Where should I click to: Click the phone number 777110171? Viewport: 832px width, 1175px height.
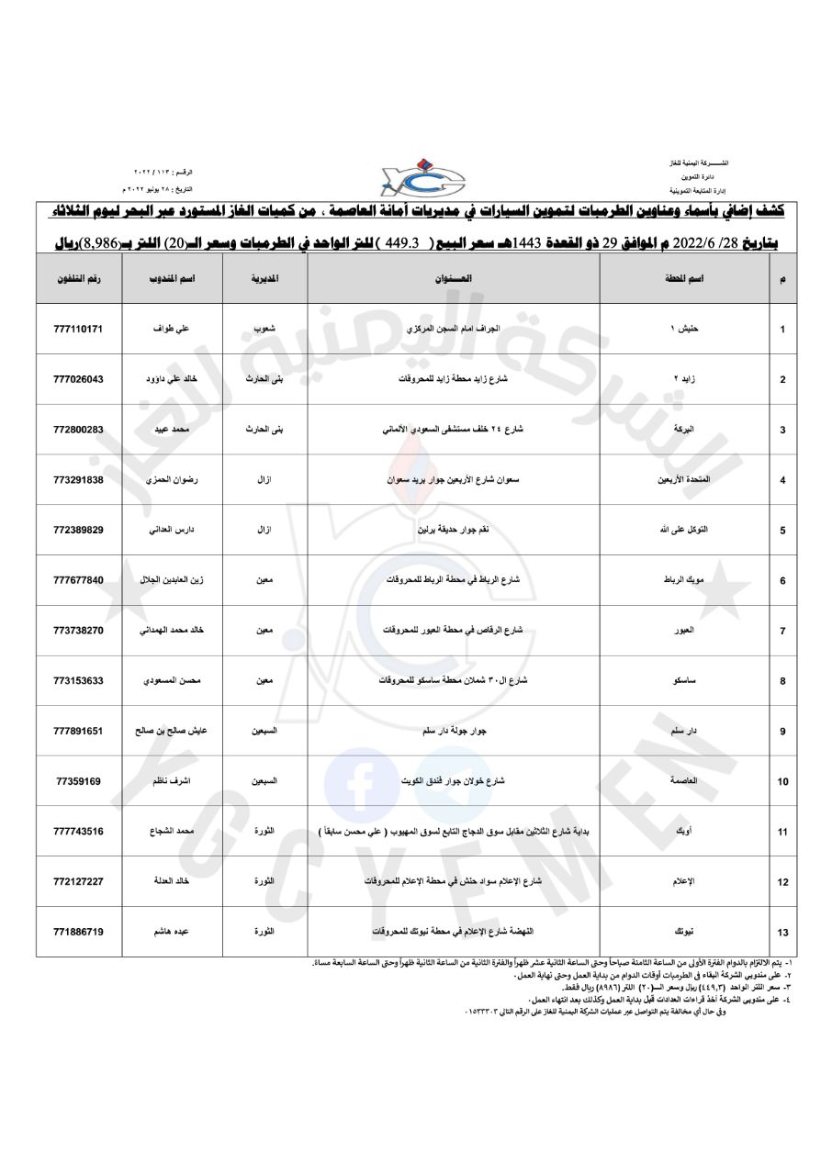78,328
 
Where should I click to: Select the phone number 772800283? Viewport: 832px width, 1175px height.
78,429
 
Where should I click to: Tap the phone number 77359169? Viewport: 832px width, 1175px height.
78,781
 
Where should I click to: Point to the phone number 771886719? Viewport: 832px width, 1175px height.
78,932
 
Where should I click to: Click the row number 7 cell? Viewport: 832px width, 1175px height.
782,631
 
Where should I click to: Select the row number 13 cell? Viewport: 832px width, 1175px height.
782,933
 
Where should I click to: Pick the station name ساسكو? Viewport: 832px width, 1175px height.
684,680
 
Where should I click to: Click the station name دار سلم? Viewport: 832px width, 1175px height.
684,731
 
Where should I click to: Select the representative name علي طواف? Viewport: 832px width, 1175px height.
173,328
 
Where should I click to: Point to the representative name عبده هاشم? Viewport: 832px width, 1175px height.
173,932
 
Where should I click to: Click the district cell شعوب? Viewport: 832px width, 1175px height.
264,328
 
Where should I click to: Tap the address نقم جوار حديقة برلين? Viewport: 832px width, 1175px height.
454,530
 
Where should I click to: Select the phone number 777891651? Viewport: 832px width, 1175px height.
78,731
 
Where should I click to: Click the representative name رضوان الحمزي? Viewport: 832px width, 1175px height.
173,479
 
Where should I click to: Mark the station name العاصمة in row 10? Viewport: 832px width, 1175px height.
684,781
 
